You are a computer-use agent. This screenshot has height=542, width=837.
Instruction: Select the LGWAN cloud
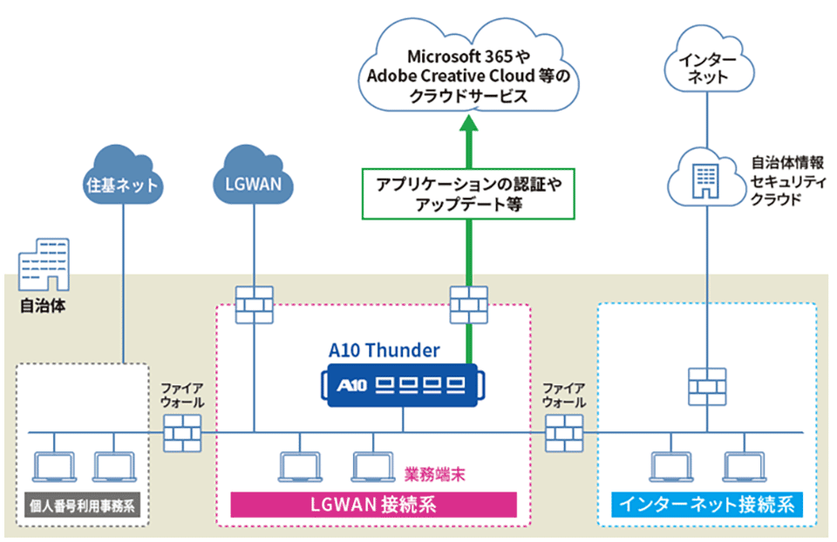coord(254,180)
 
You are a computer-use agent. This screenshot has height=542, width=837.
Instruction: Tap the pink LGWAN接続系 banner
coord(373,505)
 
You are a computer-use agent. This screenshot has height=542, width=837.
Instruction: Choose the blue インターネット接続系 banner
coord(705,505)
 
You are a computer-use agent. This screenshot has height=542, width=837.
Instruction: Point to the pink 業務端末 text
coord(434,476)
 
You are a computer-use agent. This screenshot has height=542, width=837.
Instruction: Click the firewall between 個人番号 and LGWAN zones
coord(183,432)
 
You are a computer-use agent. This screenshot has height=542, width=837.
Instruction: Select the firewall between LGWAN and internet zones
coord(564,432)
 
